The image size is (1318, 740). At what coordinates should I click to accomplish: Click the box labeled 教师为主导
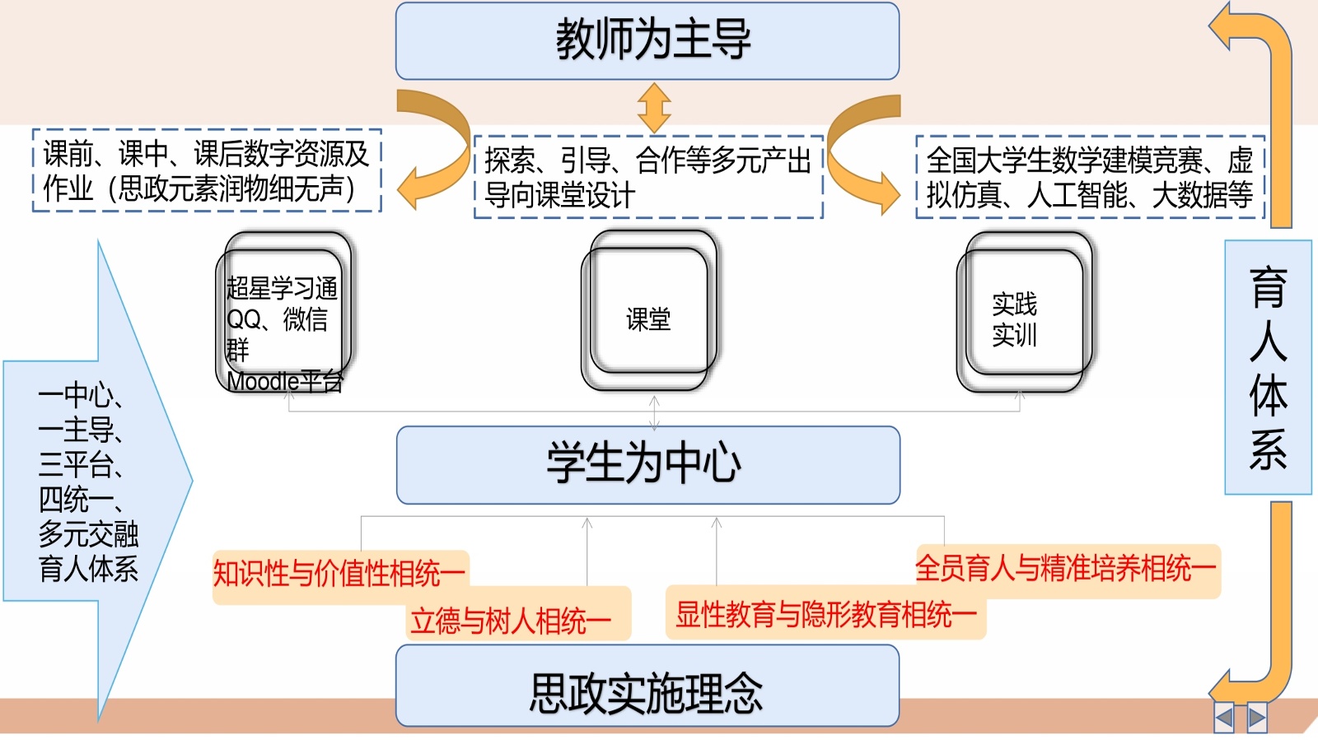pyautogui.click(x=647, y=41)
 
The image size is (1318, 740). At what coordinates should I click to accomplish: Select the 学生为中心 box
pyautogui.click(x=647, y=464)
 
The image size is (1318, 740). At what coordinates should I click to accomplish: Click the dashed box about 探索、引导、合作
pyautogui.click(x=648, y=177)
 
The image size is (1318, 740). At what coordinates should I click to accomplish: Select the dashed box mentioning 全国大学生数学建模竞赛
pyautogui.click(x=1089, y=177)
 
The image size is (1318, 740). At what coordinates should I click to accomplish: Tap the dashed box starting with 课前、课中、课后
pyautogui.click(x=207, y=170)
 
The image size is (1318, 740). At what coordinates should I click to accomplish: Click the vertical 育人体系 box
pyautogui.click(x=1268, y=367)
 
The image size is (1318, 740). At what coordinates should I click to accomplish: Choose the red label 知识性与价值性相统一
pyautogui.click(x=339, y=574)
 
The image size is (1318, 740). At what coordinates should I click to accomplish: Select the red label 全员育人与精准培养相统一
pyautogui.click(x=1066, y=568)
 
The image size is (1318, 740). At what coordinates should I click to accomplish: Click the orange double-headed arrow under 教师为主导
pyautogui.click(x=654, y=108)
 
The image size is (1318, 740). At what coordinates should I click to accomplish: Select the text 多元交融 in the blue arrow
pyautogui.click(x=88, y=534)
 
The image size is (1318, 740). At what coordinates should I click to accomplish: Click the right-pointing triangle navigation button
pyautogui.click(x=1256, y=718)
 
